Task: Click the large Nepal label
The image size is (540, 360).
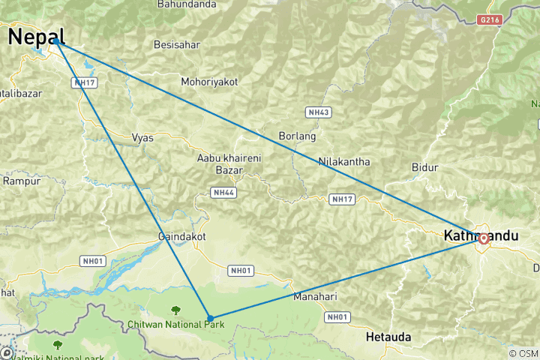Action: tap(36, 36)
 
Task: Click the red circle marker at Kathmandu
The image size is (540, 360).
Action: tap(484, 238)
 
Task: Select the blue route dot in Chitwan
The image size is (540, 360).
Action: tap(210, 319)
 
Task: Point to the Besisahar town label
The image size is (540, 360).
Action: tap(177, 45)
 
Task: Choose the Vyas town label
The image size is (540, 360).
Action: tap(142, 138)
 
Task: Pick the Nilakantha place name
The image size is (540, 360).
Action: tap(344, 161)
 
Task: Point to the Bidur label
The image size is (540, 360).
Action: tap(424, 166)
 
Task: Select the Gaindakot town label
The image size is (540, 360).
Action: tap(181, 236)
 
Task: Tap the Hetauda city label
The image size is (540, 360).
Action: tap(388, 337)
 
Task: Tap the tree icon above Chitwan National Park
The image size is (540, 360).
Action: tap(175, 309)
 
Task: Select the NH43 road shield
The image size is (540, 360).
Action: tap(318, 112)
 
